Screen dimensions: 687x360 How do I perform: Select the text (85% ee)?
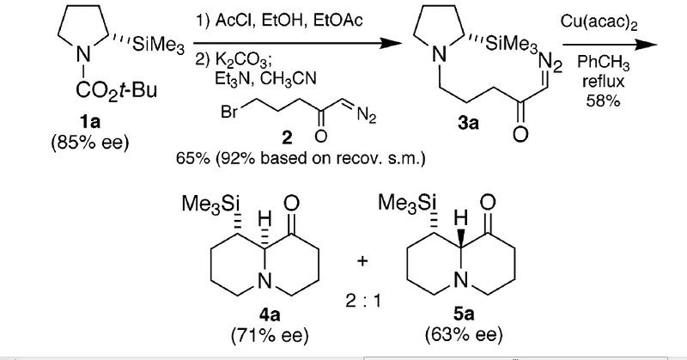90,143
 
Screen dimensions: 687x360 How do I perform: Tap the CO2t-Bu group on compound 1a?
117,91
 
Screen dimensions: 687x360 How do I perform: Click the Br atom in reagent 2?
229,113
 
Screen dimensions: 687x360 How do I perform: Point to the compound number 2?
287,138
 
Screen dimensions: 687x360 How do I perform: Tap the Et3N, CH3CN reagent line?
265,79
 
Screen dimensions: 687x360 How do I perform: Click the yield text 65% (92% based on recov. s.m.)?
301,158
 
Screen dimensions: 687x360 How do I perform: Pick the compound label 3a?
468,123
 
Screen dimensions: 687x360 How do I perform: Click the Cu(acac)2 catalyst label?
599,23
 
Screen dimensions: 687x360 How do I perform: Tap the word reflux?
604,82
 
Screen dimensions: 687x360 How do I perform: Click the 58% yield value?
604,101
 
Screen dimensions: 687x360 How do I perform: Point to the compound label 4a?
270,314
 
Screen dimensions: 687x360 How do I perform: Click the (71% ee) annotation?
270,335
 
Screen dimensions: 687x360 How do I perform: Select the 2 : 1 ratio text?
362,302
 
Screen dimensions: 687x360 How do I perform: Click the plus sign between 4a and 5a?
362,261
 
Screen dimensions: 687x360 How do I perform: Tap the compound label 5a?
464,314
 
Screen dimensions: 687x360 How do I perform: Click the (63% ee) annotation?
464,335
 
